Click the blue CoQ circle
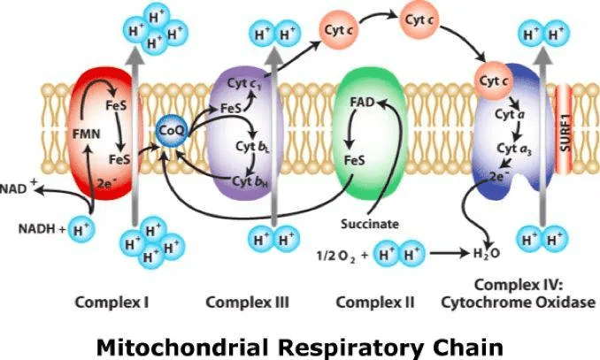pos(171,131)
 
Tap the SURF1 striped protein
pos(564,128)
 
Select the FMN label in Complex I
pos(87,134)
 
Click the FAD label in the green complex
pos(362,103)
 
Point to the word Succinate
pos(370,224)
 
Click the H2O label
pos(487,253)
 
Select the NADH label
pos(37,229)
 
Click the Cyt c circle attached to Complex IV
pos(494,81)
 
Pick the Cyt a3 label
pos(514,149)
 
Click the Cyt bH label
pos(250,181)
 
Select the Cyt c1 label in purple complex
pos(244,84)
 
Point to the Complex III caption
pos(247,303)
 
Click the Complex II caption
pos(375,303)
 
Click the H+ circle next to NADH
pos(81,230)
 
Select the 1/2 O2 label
pos(336,255)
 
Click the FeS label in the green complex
pos(354,160)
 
